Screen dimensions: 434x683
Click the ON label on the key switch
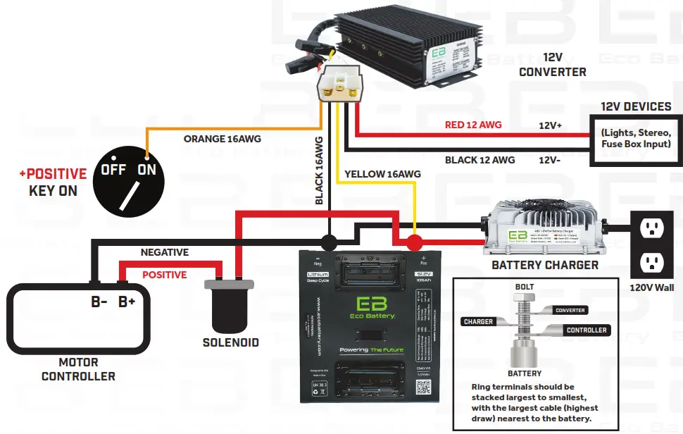pyautogui.click(x=146, y=170)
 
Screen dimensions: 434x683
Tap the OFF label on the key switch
pyautogui.click(x=113, y=170)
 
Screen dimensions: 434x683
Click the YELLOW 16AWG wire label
pyautogui.click(x=382, y=173)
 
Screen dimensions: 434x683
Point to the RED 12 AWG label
pyautogui.click(x=473, y=125)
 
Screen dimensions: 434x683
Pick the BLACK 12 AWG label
pyautogui.click(x=480, y=160)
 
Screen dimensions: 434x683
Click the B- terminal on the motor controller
pyautogui.click(x=99, y=302)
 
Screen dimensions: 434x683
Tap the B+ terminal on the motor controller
pyautogui.click(x=127, y=302)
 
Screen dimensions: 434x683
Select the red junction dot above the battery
pyautogui.click(x=415, y=244)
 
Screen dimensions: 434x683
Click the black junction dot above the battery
pyautogui.click(x=328, y=243)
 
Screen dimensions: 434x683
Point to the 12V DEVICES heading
pyautogui.click(x=635, y=106)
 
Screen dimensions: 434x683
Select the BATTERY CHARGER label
pyautogui.click(x=544, y=266)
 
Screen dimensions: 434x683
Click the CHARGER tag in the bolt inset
pyautogui.click(x=478, y=322)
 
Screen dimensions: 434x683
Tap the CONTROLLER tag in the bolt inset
pyautogui.click(x=586, y=330)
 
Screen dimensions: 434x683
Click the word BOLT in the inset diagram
pyautogui.click(x=525, y=287)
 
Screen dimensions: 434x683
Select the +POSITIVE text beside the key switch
pyautogui.click(x=53, y=173)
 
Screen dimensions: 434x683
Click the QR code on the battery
pyautogui.click(x=422, y=387)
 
